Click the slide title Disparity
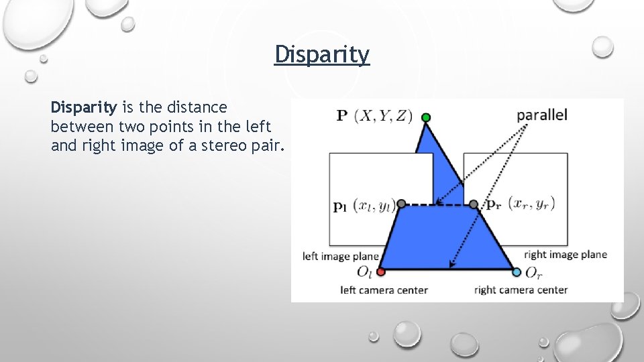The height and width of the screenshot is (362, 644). pyautogui.click(x=322, y=55)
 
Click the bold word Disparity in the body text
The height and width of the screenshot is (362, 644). pyautogui.click(x=84, y=107)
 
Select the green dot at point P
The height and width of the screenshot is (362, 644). pyautogui.click(x=426, y=118)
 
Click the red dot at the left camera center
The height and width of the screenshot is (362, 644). pyautogui.click(x=381, y=271)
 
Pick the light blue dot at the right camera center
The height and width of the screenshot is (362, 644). pyautogui.click(x=517, y=272)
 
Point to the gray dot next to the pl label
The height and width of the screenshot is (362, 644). pyautogui.click(x=401, y=204)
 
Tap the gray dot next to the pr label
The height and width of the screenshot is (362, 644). pyautogui.click(x=474, y=204)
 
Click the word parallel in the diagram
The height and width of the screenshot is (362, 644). pyautogui.click(x=542, y=115)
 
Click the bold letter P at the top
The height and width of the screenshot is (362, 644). pyautogui.click(x=341, y=116)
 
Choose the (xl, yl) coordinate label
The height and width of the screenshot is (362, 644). pyautogui.click(x=374, y=206)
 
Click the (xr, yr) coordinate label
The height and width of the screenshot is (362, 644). pyautogui.click(x=532, y=203)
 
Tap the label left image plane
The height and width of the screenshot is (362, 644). pyautogui.click(x=341, y=255)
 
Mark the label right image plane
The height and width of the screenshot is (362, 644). pyautogui.click(x=566, y=255)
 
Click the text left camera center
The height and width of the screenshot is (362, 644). pyautogui.click(x=384, y=290)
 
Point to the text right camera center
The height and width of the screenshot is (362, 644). pyautogui.click(x=521, y=290)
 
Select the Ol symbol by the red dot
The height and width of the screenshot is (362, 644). pyautogui.click(x=364, y=273)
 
